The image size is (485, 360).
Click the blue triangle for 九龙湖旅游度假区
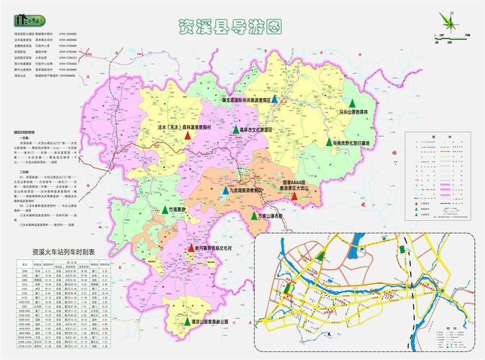(226, 192)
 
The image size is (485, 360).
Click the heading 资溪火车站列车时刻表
(63, 253)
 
